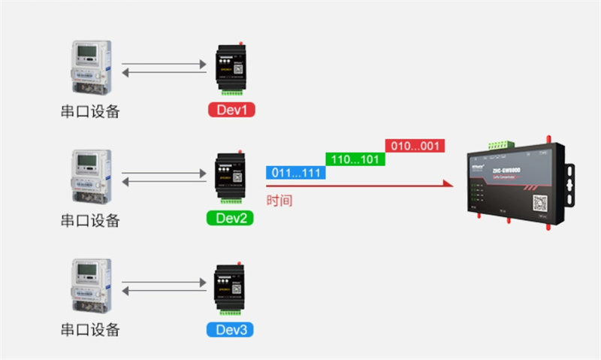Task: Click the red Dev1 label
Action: click(231, 110)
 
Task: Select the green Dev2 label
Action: click(230, 219)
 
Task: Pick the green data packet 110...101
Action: click(355, 159)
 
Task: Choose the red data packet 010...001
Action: click(415, 145)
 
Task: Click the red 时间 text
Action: click(279, 201)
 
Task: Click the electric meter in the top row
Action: click(90, 67)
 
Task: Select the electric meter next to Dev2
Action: click(90, 177)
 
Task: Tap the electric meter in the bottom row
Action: click(90, 286)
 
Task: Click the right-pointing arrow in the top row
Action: click(164, 62)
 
